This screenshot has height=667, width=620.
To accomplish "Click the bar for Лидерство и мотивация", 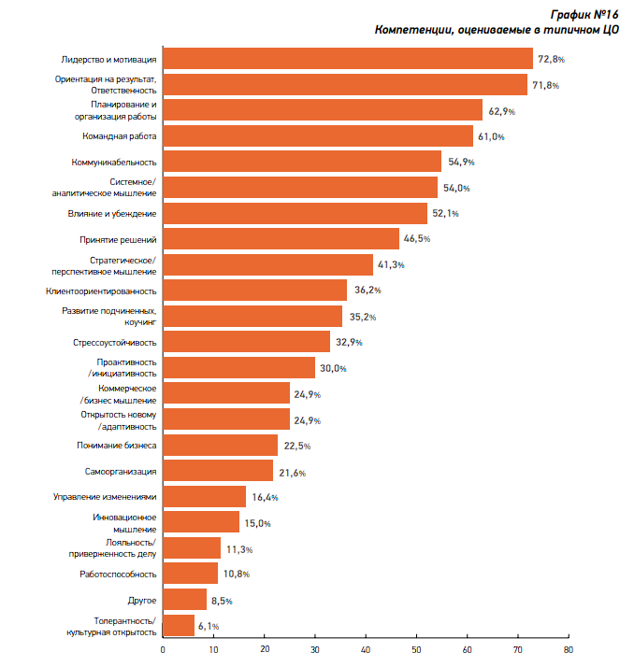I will [348, 59].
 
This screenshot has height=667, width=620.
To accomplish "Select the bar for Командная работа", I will [318, 136].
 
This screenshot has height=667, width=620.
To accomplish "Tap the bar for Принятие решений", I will [281, 239].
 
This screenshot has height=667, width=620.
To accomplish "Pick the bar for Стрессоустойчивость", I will [247, 342].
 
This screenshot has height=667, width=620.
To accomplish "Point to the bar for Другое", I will [184, 599].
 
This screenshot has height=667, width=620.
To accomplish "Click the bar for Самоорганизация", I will [218, 471].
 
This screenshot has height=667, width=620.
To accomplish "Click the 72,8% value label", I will [551, 60].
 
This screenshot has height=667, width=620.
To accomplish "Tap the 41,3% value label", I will [391, 265].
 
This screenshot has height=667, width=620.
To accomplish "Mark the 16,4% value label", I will [265, 497].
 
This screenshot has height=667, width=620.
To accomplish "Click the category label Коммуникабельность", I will [114, 163].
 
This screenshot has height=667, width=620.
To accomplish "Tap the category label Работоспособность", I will [119, 574].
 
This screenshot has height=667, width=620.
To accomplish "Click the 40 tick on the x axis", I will [366, 648].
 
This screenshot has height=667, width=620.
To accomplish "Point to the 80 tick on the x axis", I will [568, 648].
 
